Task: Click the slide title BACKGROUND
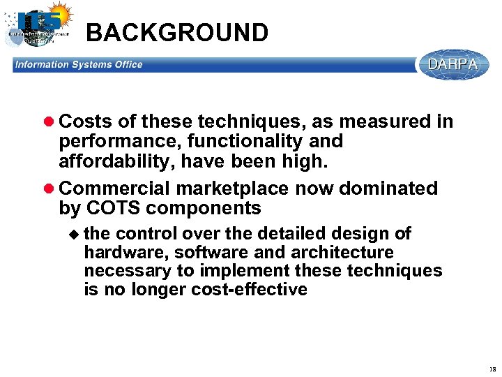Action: [x=177, y=33]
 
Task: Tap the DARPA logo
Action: [x=452, y=65]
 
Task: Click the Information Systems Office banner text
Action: [x=78, y=65]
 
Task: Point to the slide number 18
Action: [x=492, y=369]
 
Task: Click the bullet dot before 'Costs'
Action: [x=50, y=122]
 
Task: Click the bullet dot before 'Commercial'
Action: [x=50, y=189]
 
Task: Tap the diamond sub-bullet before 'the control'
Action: [x=75, y=234]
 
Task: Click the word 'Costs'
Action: [x=86, y=122]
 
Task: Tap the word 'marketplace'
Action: [x=234, y=189]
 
